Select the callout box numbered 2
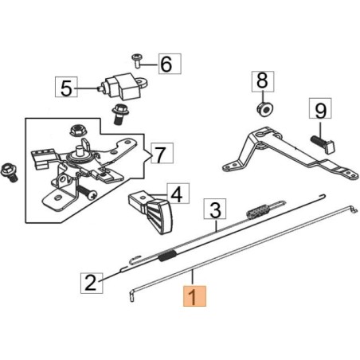[91, 281]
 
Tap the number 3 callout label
[214, 210]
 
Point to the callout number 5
[66, 86]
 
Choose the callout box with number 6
[166, 63]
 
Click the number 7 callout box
[160, 152]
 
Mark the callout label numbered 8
[264, 80]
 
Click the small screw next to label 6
[138, 60]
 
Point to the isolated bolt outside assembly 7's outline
[10, 170]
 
